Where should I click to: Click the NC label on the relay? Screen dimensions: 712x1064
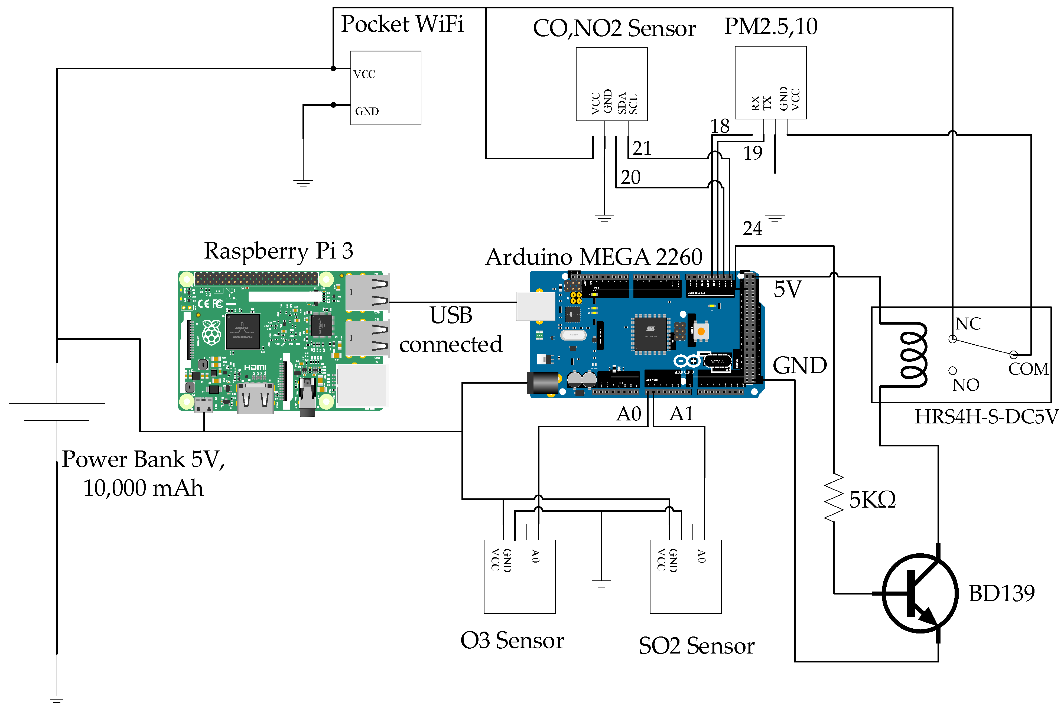pyautogui.click(x=968, y=324)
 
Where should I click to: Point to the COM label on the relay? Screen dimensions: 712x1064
pyautogui.click(x=1029, y=369)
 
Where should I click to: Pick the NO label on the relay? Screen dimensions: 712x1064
pyautogui.click(x=965, y=385)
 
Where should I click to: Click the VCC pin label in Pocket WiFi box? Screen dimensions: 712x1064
pyautogui.click(x=364, y=74)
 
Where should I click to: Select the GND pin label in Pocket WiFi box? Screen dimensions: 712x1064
pyautogui.click(x=366, y=111)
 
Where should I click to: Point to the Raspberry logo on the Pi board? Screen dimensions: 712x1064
pyautogui.click(x=212, y=332)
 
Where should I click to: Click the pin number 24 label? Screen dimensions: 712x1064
pyautogui.click(x=753, y=228)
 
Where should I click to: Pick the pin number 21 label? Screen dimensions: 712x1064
pyautogui.click(x=642, y=148)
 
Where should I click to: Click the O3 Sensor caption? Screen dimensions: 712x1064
pyautogui.click(x=512, y=641)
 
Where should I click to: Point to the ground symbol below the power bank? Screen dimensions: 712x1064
pyautogui.click(x=57, y=698)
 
